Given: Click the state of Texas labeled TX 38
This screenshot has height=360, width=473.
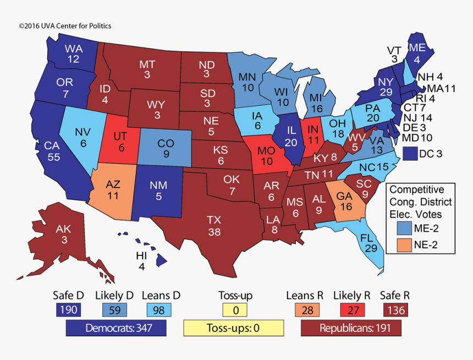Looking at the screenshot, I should (214, 226).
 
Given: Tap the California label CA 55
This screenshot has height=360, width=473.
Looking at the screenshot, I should (52, 151).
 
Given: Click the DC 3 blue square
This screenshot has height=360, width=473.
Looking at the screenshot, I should (410, 154).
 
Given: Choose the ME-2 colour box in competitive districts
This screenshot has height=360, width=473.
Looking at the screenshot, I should (407, 228).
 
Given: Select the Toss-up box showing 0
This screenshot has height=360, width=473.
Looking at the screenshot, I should (235, 310).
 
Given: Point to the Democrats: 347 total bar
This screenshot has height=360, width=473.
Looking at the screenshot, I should (117, 329).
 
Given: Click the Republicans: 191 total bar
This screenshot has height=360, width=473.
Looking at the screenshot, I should (351, 329).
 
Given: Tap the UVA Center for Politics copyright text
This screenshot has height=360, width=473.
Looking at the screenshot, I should (65, 26).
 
